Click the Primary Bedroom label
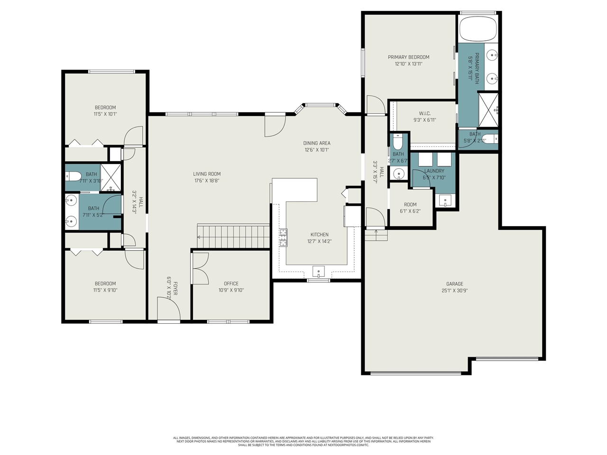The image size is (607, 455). click(408, 57)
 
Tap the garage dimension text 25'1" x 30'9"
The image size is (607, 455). click(454, 291)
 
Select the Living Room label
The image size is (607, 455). click(207, 174)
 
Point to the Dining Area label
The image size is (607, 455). click(317, 143)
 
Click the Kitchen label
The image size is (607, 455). click(319, 235)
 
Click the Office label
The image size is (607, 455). click(231, 283)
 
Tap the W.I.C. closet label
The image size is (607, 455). click(424, 113)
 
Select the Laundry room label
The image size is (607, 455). click(434, 171)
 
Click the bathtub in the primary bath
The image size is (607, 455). click(478, 28)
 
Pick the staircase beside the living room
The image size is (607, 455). click(233, 236)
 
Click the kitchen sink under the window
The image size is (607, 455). click(318, 272)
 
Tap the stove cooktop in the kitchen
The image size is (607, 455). click(283, 237)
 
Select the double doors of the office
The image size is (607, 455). click(200, 268)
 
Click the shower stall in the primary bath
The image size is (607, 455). click(488, 109)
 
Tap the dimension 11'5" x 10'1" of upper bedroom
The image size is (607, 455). click(105, 114)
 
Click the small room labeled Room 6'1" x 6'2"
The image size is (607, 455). click(411, 208)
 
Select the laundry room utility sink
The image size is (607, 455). click(445, 201)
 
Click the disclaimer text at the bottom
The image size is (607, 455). click(303, 441)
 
